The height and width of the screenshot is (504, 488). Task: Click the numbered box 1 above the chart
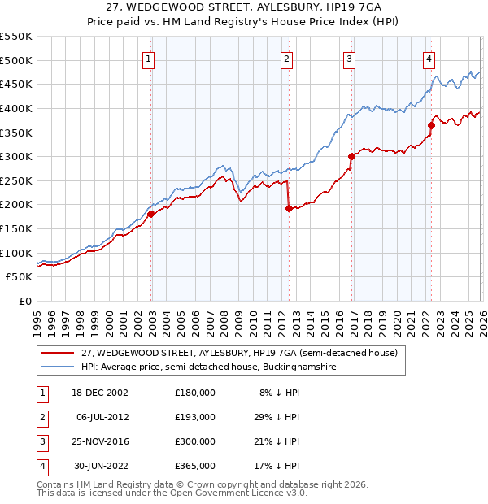pyautogui.click(x=150, y=58)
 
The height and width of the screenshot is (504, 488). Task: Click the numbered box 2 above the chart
pyautogui.click(x=287, y=58)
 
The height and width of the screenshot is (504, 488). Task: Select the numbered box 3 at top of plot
pyautogui.click(x=349, y=58)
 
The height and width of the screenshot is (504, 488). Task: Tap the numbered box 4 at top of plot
pyautogui.click(x=429, y=58)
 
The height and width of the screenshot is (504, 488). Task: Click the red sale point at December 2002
pyautogui.click(x=151, y=214)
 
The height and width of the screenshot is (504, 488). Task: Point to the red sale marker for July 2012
pyautogui.click(x=288, y=208)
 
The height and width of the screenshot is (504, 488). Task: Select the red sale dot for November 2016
pyautogui.click(x=351, y=156)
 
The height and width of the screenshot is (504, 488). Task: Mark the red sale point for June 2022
pyautogui.click(x=431, y=125)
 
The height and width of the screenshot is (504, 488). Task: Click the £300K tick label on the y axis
pyautogui.click(x=16, y=156)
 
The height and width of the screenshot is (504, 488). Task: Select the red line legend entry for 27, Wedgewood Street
pyautogui.click(x=238, y=353)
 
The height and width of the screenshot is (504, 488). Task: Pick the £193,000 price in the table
pyautogui.click(x=195, y=416)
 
